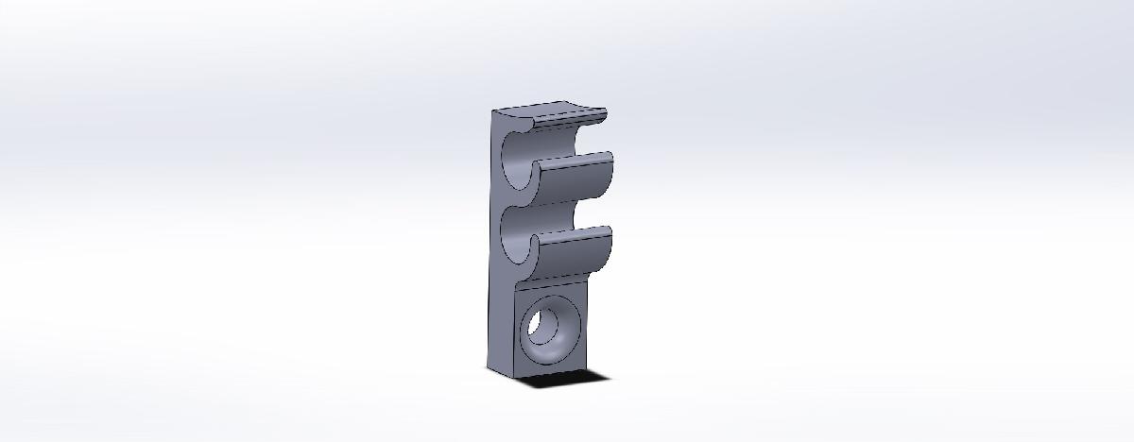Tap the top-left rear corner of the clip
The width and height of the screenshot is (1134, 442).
(492, 111)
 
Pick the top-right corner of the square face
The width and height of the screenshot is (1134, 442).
(587, 280)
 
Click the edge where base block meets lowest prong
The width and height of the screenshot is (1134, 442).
(553, 280)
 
